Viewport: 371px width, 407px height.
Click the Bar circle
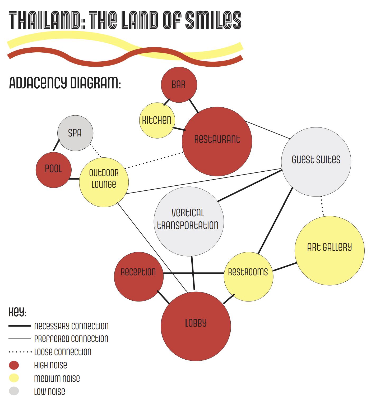pyautogui.click(x=179, y=85)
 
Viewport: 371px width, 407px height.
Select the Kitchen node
pyautogui.click(x=157, y=120)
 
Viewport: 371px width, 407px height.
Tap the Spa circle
pyautogui.click(x=75, y=133)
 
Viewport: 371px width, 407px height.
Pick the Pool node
pyautogui.click(x=53, y=169)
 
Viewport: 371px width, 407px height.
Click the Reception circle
pyautogui.click(x=138, y=276)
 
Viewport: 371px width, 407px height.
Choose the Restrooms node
pyautogui.click(x=248, y=277)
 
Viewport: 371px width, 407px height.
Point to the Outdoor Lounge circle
pyautogui.click(x=104, y=182)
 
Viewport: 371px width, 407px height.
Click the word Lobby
pyautogui.click(x=196, y=323)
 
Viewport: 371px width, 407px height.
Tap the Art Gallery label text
pyautogui.click(x=329, y=247)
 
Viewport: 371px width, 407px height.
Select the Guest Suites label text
pyautogui.click(x=316, y=159)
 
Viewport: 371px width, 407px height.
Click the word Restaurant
pyautogui.click(x=217, y=139)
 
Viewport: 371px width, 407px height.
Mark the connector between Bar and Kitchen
pyautogui.click(x=166, y=102)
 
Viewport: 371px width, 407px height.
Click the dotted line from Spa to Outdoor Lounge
pyautogui.click(x=95, y=150)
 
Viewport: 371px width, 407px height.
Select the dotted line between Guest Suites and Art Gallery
pyautogui.click(x=322, y=206)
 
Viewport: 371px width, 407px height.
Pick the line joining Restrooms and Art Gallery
pyautogui.click(x=285, y=267)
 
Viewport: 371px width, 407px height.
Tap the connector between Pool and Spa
pyautogui.click(x=56, y=145)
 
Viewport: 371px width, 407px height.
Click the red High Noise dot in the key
pyautogui.click(x=14, y=365)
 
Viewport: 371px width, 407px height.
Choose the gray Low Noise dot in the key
pyautogui.click(x=14, y=391)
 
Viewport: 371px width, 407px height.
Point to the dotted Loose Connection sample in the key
pyautogui.click(x=20, y=352)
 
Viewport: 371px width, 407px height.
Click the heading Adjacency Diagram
pyautogui.click(x=65, y=83)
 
